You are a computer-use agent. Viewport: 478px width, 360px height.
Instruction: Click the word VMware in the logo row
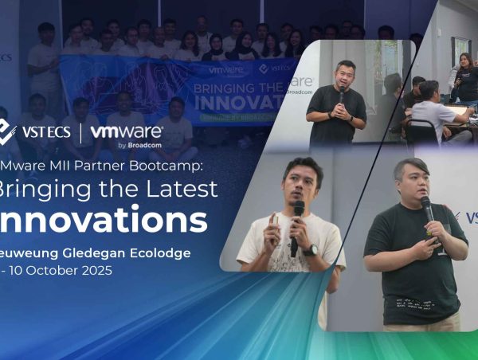click(127, 131)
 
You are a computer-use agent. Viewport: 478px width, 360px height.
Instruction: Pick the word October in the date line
click(56, 270)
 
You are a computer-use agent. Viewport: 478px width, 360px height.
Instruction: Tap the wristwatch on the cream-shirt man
click(310, 250)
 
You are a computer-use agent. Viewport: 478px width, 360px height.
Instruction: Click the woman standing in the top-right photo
click(464, 80)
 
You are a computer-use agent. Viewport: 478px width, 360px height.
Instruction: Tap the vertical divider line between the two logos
click(80, 132)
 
